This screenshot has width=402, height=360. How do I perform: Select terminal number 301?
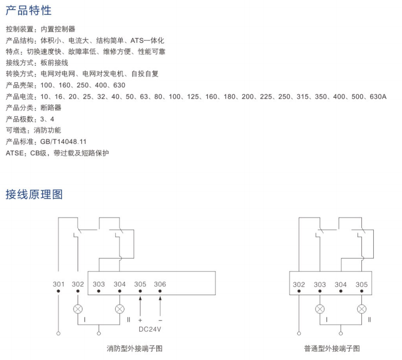click(59, 284)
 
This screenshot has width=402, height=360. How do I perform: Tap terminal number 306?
click(160, 284)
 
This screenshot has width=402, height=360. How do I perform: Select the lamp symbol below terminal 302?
click(78, 309)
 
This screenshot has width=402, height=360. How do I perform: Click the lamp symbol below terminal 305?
click(362, 309)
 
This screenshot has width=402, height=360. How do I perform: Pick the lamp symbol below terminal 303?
click(320, 309)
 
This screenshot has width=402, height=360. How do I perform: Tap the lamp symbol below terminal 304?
click(120, 309)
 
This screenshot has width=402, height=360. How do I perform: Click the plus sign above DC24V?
click(140, 320)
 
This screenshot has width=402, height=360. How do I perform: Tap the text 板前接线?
click(54, 63)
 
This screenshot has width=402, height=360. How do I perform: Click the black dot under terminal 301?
click(59, 292)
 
